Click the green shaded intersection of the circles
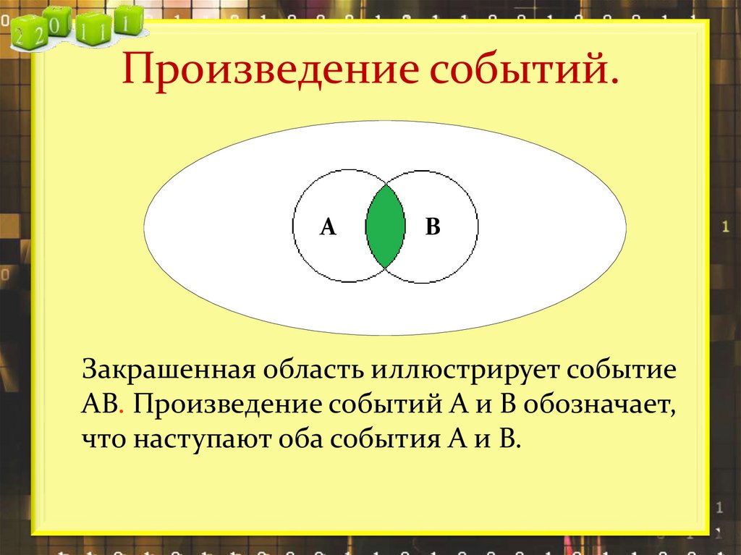pos(385,226)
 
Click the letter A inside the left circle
pos(328,227)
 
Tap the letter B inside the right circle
pos(433,227)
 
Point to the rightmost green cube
pos(128,22)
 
